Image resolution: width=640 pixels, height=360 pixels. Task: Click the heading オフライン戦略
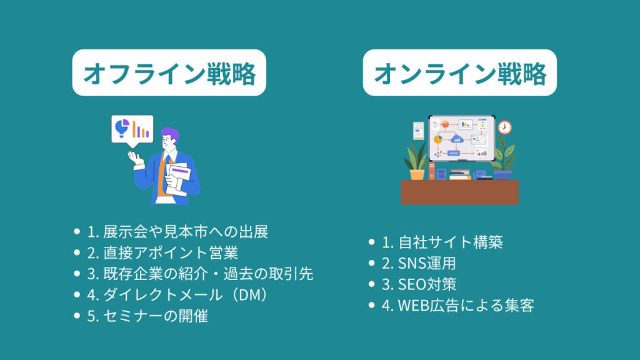point(169,73)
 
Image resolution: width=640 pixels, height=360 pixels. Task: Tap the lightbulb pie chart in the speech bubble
point(121,127)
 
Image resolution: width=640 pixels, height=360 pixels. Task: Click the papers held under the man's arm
point(177,179)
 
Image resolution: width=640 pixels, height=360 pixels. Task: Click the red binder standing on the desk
point(431,171)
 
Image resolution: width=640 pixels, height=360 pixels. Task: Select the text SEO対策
point(418,284)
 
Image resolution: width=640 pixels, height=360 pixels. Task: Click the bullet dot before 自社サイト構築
point(371,242)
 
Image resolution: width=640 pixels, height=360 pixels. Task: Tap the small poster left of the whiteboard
point(418,131)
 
